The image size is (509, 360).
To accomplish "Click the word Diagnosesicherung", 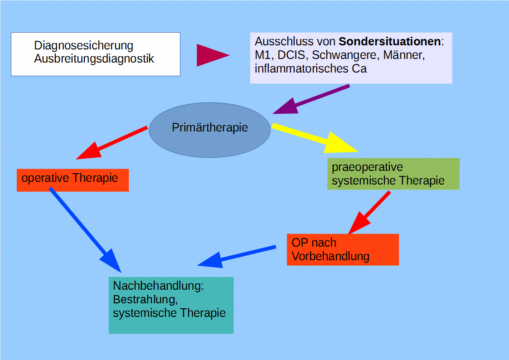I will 83,46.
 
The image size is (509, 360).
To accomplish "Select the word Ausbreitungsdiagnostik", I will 94,59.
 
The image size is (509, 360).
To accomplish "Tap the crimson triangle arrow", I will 210,55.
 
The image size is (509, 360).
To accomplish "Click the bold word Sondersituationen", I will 389,42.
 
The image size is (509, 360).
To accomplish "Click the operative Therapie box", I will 73,180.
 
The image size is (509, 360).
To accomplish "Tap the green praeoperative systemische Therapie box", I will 393,174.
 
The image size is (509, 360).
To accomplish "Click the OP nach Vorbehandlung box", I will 343,249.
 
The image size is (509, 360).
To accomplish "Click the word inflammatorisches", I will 301,69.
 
